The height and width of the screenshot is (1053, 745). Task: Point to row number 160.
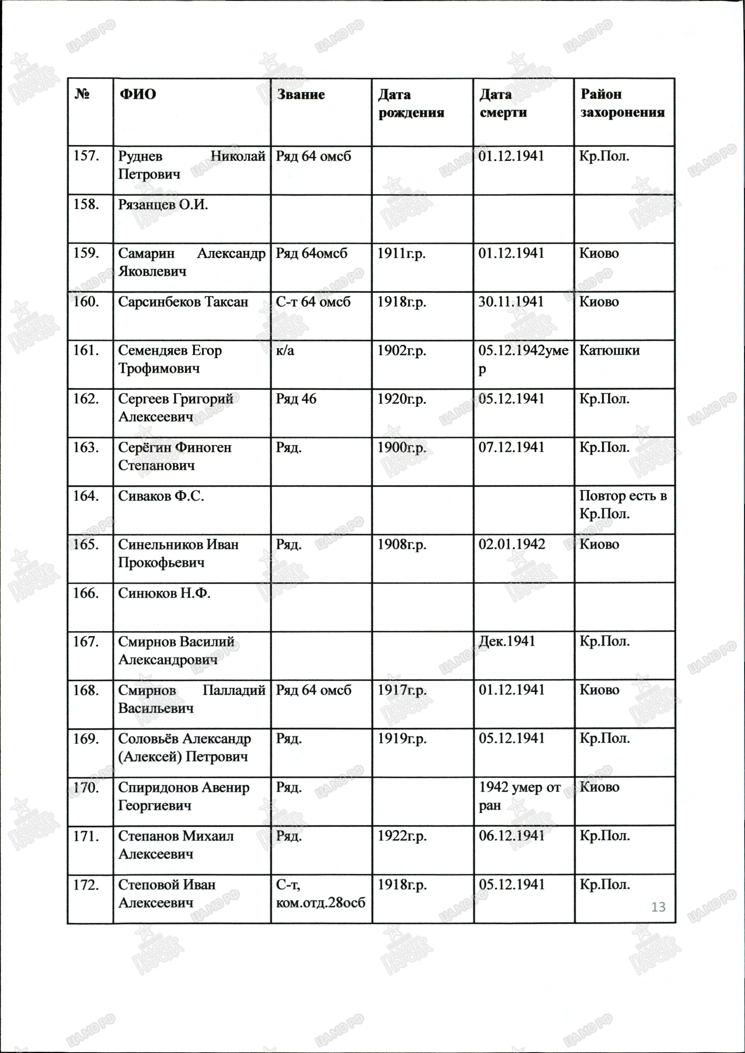pyautogui.click(x=86, y=302)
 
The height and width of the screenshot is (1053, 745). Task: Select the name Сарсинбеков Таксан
pyautogui.click(x=183, y=302)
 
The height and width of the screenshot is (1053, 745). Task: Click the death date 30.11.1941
pyautogui.click(x=511, y=302)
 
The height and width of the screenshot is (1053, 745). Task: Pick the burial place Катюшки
pyautogui.click(x=609, y=351)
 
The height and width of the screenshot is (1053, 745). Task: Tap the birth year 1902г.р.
pyautogui.click(x=401, y=351)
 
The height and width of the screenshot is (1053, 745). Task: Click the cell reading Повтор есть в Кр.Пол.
pyautogui.click(x=623, y=505)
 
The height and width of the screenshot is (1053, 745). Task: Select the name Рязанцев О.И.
pyautogui.click(x=163, y=205)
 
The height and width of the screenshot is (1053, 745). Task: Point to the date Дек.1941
pyautogui.click(x=507, y=641)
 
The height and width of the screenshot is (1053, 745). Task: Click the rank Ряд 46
pyautogui.click(x=296, y=399)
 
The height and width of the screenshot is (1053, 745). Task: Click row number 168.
pyautogui.click(x=86, y=690)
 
